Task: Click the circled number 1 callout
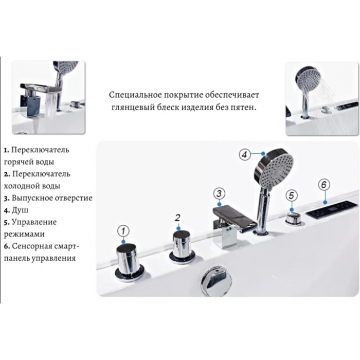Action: tap(123, 231)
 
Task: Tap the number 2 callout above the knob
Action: tap(177, 218)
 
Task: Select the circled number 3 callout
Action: tap(219, 193)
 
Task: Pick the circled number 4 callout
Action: tap(245, 154)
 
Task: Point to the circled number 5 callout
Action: tap(292, 195)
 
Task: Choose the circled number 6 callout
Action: tap(323, 184)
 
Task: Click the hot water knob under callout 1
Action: tap(130, 262)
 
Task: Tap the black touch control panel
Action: tap(332, 210)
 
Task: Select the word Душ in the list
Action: tap(20, 210)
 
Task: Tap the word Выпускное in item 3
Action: tap(32, 198)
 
